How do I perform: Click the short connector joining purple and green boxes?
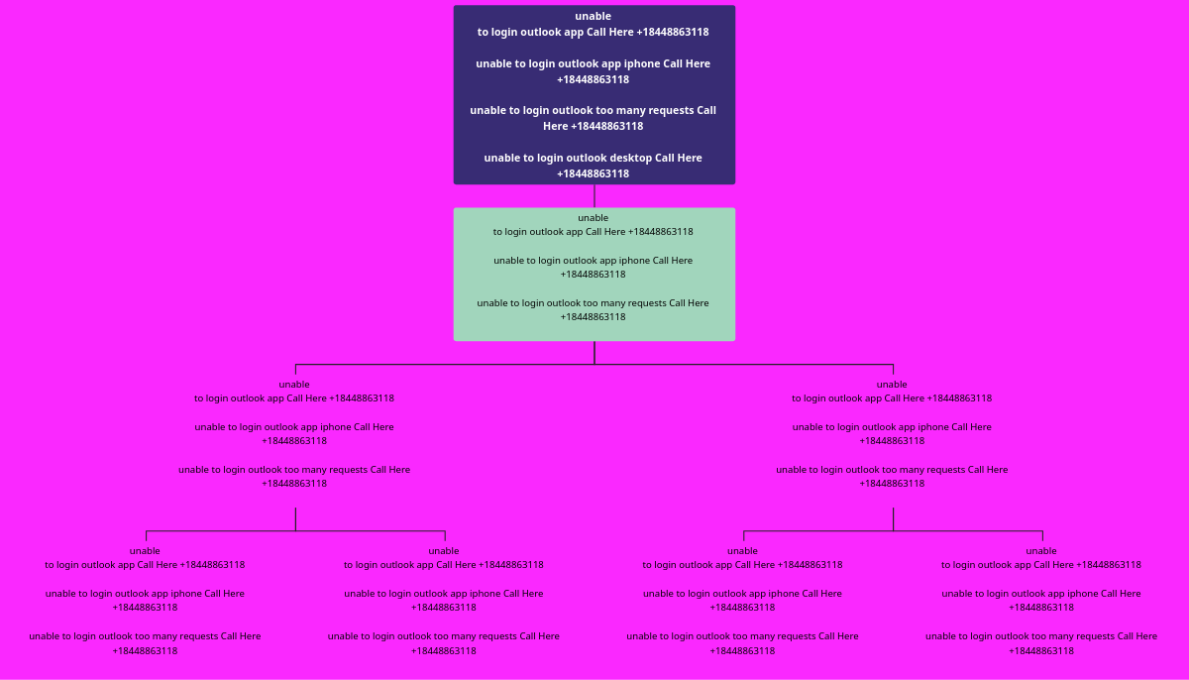click(x=594, y=195)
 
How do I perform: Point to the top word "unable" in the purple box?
click(x=593, y=16)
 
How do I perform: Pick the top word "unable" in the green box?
click(x=593, y=218)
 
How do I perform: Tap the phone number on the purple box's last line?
click(x=593, y=173)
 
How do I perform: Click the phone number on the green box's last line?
click(x=593, y=317)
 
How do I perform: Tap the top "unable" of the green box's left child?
click(x=294, y=385)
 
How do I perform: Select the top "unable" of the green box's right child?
click(x=892, y=385)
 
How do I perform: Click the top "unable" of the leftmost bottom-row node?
click(x=145, y=551)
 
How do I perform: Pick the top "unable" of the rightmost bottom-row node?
click(x=1040, y=551)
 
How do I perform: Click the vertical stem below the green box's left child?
click(x=295, y=518)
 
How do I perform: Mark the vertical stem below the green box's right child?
click(x=893, y=518)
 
